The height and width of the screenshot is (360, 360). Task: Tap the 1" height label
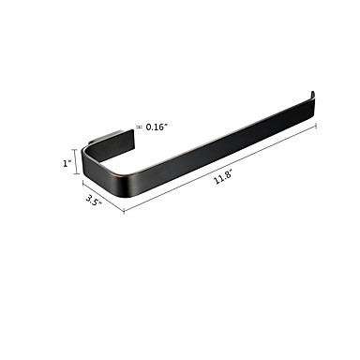(x=67, y=163)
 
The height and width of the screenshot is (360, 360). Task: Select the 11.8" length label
(x=222, y=180)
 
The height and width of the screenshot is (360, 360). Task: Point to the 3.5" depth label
(x=94, y=200)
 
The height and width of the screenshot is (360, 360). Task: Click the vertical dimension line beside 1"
(x=75, y=161)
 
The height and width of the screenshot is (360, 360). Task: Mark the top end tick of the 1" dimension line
(x=75, y=149)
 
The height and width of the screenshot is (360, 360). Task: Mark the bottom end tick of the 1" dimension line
(x=75, y=174)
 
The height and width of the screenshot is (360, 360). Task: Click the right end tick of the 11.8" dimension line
(x=317, y=126)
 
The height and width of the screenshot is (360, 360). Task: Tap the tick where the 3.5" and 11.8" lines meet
(x=124, y=211)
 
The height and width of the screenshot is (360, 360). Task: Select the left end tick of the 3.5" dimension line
(x=82, y=184)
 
